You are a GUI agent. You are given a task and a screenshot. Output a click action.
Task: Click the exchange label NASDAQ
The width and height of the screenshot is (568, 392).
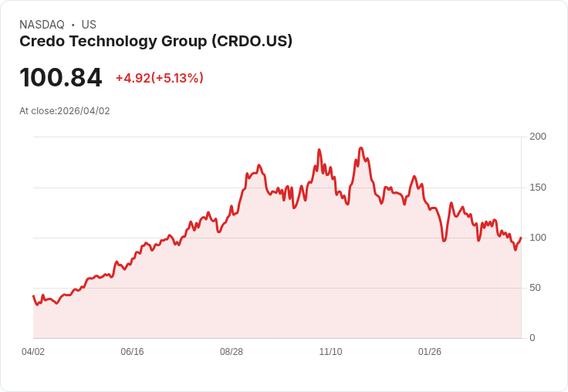pyautogui.click(x=42, y=25)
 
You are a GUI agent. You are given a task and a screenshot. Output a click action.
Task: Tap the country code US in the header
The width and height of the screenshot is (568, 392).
pyautogui.click(x=89, y=25)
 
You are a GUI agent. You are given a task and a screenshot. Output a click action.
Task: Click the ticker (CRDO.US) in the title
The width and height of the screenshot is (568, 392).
pyautogui.click(x=252, y=42)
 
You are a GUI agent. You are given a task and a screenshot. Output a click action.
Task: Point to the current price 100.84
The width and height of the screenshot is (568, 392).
pyautogui.click(x=60, y=78)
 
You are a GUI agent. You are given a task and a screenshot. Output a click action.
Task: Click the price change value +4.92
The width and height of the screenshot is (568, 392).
pyautogui.click(x=133, y=78)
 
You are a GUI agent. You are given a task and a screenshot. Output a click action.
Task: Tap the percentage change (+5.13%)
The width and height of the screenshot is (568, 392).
pyautogui.click(x=177, y=78)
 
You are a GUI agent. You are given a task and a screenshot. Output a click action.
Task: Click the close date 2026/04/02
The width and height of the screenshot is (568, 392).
pyautogui.click(x=83, y=111)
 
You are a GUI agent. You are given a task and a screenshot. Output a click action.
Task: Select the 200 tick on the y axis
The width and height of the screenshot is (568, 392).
pyautogui.click(x=537, y=137)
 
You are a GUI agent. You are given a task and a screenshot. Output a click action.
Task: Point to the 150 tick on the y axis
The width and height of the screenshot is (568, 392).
pyautogui.click(x=537, y=188)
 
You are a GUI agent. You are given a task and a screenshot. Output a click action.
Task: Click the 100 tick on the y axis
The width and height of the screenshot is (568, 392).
pyautogui.click(x=537, y=238)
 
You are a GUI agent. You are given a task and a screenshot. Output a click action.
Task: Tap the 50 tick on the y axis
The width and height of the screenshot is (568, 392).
pyautogui.click(x=535, y=288)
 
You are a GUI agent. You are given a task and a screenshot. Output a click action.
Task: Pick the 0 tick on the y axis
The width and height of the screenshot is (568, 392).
pyautogui.click(x=532, y=338)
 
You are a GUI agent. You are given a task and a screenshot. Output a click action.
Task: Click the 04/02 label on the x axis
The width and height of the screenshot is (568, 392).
pyautogui.click(x=33, y=352)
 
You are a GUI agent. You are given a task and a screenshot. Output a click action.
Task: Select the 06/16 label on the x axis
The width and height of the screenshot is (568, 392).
pyautogui.click(x=132, y=352)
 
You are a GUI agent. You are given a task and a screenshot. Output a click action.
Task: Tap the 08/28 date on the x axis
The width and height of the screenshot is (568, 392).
pyautogui.click(x=232, y=352)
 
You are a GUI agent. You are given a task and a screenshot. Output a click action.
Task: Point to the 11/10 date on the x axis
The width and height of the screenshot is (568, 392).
pyautogui.click(x=330, y=352)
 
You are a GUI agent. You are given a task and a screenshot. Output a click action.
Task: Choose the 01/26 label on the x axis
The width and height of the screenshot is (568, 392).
pyautogui.click(x=430, y=352)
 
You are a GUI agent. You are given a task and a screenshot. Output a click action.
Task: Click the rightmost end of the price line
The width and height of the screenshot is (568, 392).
pyautogui.click(x=521, y=238)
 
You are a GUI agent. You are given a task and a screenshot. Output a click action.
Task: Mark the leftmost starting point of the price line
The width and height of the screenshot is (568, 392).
pyautogui.click(x=33, y=296)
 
